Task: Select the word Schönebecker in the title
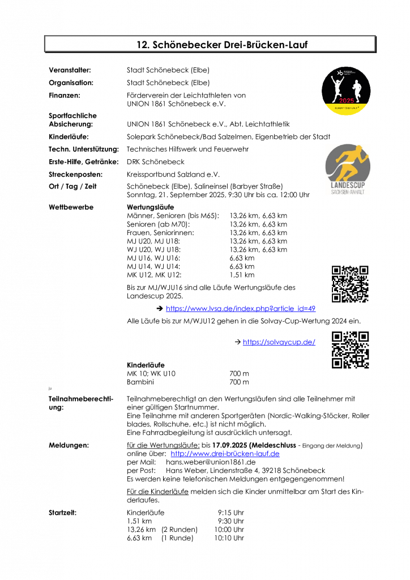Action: (x=180, y=44)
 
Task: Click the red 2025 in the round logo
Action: (x=346, y=100)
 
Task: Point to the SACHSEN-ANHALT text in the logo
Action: (x=347, y=191)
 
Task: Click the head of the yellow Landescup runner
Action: (x=355, y=150)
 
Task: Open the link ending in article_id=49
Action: (x=240, y=309)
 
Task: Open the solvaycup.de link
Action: (x=279, y=342)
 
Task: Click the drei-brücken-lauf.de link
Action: (x=225, y=454)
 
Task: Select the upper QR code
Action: (x=351, y=283)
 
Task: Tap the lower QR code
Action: (x=351, y=349)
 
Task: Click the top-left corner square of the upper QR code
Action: (x=337, y=270)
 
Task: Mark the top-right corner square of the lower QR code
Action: (x=364, y=336)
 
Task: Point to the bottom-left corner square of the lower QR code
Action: (x=338, y=362)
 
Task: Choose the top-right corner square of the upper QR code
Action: (x=364, y=270)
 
